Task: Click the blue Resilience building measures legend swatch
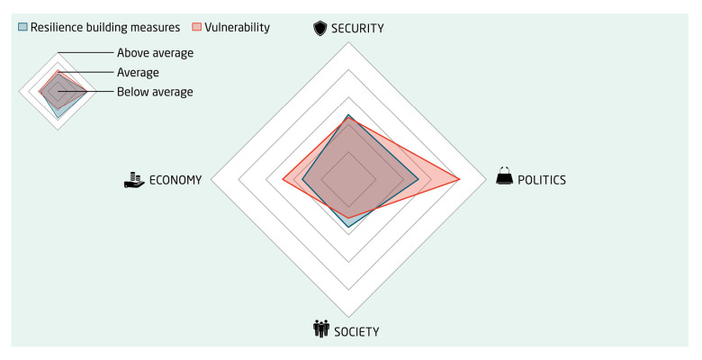click(22, 28)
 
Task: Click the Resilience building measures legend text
click(105, 28)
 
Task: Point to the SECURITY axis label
click(356, 29)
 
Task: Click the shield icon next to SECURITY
click(319, 29)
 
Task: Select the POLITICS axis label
click(542, 180)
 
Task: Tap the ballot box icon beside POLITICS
click(505, 177)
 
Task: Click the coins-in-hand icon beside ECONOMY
click(134, 179)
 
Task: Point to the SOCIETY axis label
click(357, 331)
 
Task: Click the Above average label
click(155, 53)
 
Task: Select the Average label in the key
click(138, 72)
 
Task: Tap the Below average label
click(155, 92)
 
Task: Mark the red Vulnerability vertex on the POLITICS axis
click(461, 180)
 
